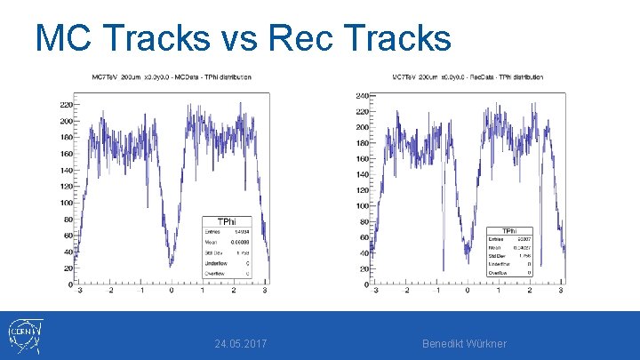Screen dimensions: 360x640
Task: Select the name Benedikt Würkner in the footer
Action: click(464, 343)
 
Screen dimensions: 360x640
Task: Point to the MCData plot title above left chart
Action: click(172, 77)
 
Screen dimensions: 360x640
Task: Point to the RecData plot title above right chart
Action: click(468, 77)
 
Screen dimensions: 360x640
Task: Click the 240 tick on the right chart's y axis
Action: click(362, 95)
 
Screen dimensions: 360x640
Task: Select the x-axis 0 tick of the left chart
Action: click(172, 291)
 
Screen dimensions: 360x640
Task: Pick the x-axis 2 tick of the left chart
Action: click(232, 291)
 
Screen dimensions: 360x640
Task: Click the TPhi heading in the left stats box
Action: click(228, 221)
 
